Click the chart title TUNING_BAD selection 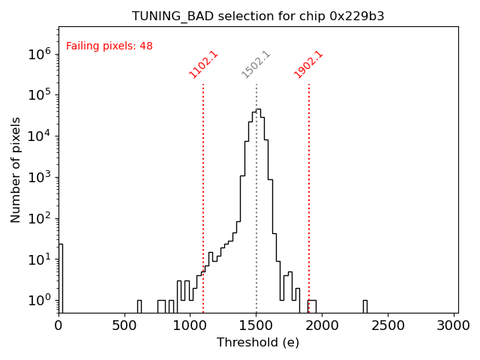pos(258,16)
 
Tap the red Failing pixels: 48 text pos(109,46)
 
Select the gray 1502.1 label pos(256,64)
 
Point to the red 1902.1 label pos(308,64)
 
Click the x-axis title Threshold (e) pos(258,342)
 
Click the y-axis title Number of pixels pos(16,169)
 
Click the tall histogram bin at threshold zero pos(61,277)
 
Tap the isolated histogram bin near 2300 pos(364,306)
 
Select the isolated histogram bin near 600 pos(139,306)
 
